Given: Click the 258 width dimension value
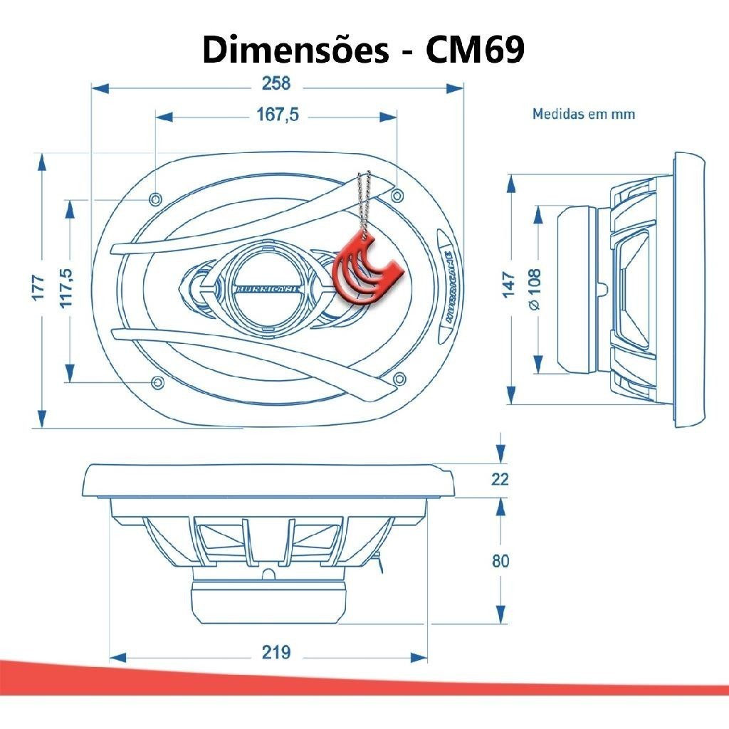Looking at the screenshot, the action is (276, 84).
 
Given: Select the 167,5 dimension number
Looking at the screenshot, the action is (278, 115).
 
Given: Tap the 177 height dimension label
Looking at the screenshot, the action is (38, 288).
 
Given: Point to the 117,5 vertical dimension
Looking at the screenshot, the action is (66, 288).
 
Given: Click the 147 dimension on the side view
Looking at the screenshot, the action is (509, 285).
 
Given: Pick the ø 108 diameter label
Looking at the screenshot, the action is (535, 289).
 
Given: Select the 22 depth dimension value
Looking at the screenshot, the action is (500, 479).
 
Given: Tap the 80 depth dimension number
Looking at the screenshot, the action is (500, 561).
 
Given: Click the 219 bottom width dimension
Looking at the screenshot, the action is (276, 652).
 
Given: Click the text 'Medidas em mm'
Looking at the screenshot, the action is (584, 114).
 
